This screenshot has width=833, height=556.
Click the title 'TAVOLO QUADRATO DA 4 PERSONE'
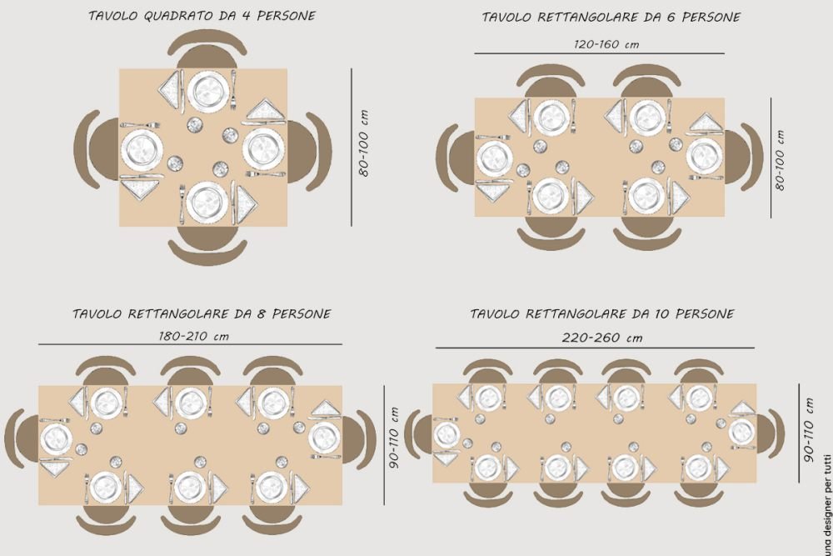pos(202,15)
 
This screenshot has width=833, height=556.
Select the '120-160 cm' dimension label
pos(606,44)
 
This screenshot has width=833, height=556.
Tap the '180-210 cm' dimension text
pos(194,336)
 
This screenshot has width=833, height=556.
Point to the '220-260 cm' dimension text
pos(602,338)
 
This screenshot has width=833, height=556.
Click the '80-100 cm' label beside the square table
pos(363,143)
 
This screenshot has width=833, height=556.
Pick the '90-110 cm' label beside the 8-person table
pos(394,438)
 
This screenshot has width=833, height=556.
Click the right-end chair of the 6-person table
pos(744,158)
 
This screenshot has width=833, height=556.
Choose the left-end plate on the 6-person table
pos(495,159)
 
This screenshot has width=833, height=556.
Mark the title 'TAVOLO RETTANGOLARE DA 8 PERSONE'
pos(202,313)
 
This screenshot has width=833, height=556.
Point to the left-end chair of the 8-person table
pos(22,439)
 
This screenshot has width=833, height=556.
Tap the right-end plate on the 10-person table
pos(741,432)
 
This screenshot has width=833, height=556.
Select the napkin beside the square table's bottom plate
pos(246,203)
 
